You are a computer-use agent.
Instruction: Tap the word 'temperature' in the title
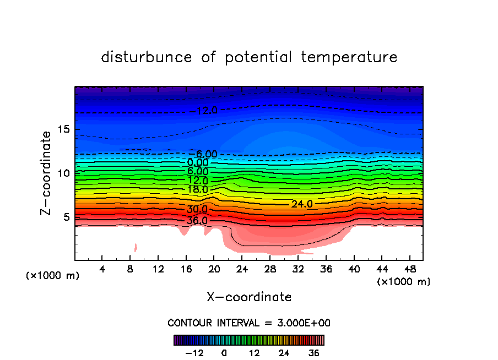click(x=350, y=57)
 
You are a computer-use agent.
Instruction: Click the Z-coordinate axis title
click(x=47, y=173)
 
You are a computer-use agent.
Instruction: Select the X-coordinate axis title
click(x=249, y=297)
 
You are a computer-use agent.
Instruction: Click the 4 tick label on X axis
click(x=102, y=270)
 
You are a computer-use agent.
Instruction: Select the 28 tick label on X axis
click(x=269, y=270)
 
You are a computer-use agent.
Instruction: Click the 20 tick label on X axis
click(x=214, y=270)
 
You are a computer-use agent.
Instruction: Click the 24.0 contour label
click(x=302, y=204)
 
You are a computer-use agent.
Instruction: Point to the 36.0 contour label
click(x=197, y=221)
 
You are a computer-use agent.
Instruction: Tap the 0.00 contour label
click(x=198, y=162)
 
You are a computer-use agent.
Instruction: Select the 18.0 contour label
click(x=197, y=189)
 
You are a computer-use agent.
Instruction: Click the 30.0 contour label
click(x=197, y=210)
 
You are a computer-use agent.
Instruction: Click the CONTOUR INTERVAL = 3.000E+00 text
click(x=249, y=323)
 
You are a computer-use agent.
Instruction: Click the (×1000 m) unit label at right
click(x=404, y=282)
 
